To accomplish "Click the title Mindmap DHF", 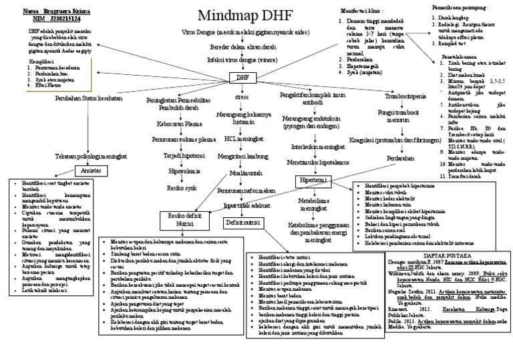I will pos(228,15).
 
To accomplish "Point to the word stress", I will pos(241,98).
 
